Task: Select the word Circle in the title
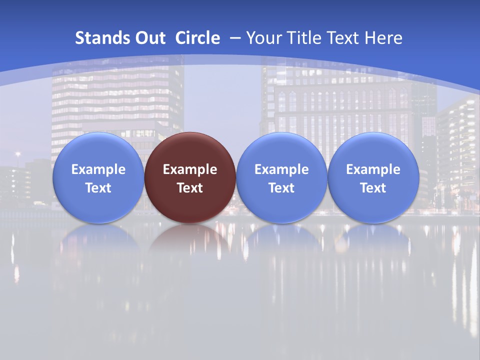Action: [197, 38]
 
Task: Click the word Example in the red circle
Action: [190, 169]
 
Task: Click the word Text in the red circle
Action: [190, 188]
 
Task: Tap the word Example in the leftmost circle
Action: [98, 169]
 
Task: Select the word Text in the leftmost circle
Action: [98, 188]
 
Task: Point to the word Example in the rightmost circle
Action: [373, 169]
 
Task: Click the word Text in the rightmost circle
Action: [373, 188]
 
